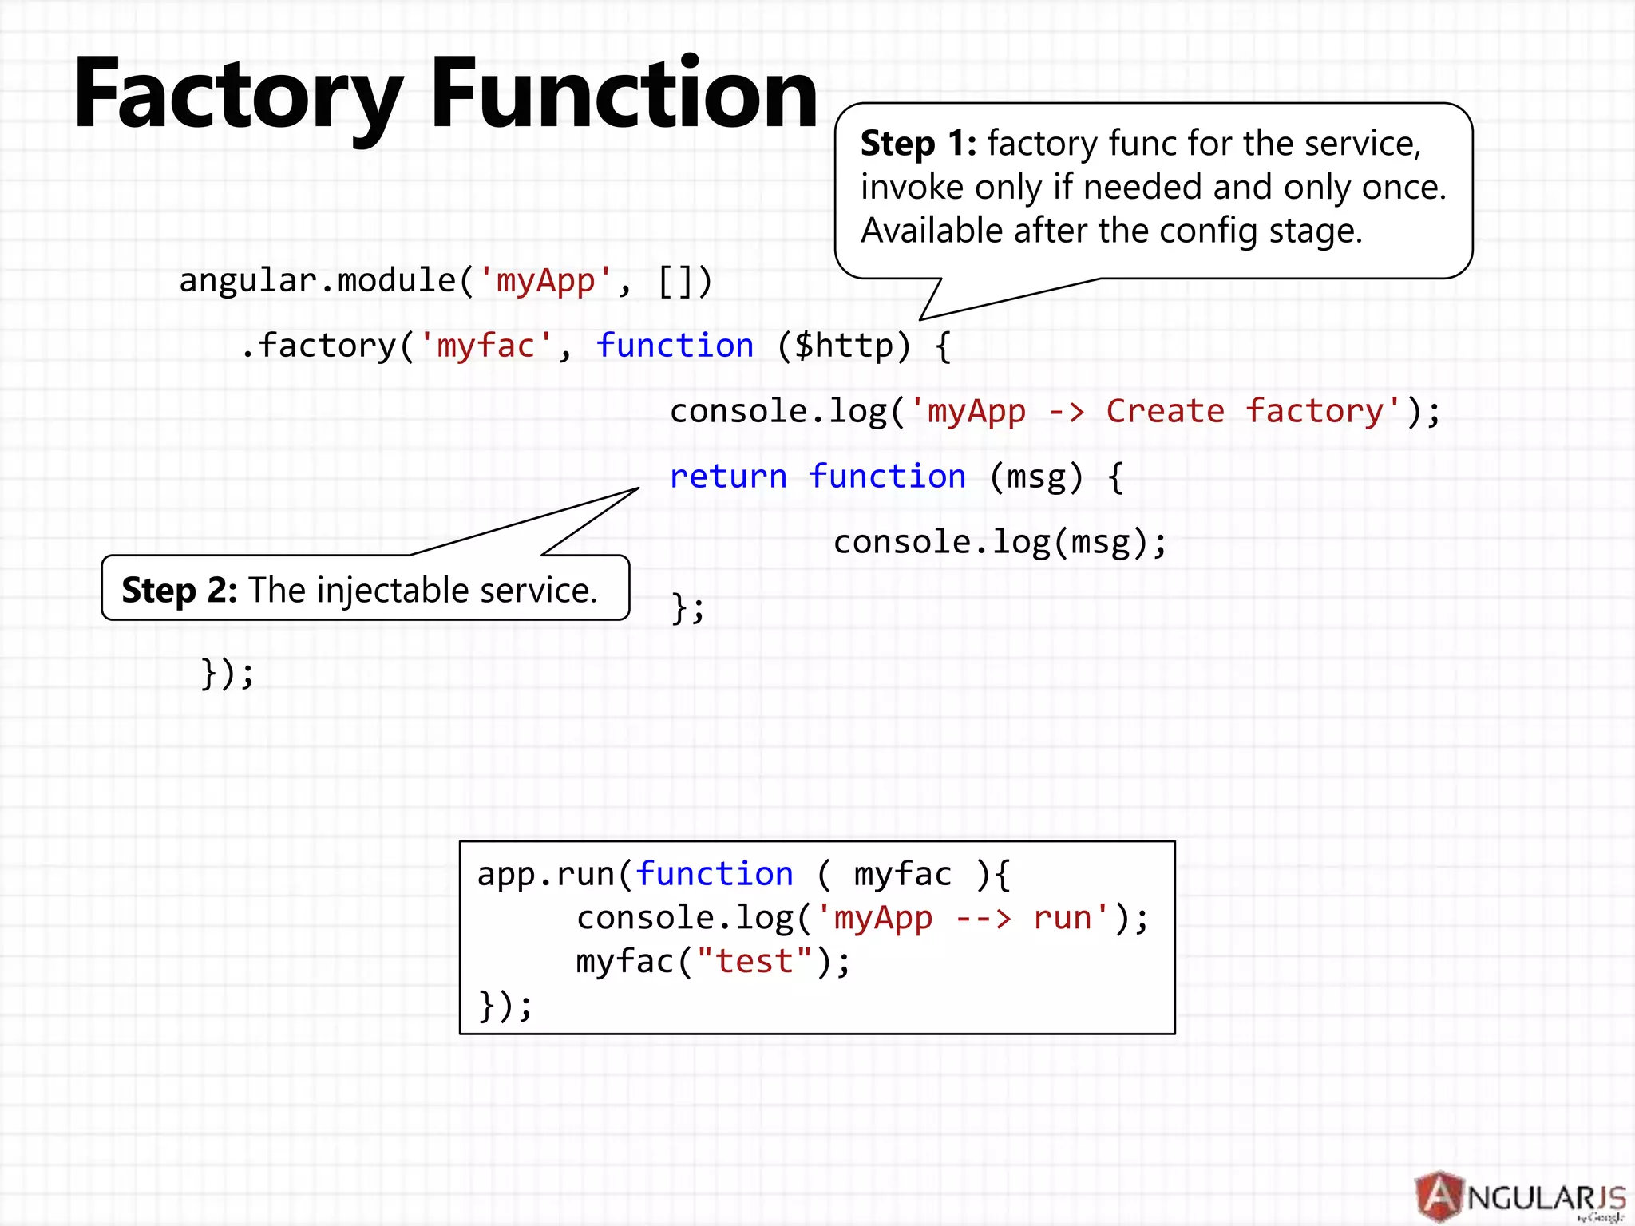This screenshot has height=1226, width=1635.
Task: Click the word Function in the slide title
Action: (x=624, y=94)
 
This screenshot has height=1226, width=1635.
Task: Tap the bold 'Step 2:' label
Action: (x=179, y=591)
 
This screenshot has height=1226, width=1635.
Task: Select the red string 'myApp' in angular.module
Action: (x=545, y=281)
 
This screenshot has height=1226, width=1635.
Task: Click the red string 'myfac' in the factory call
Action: (x=485, y=346)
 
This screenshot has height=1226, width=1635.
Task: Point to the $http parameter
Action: (x=843, y=346)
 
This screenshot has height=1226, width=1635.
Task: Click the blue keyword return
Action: (x=728, y=477)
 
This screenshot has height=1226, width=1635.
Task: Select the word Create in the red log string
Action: (x=1165, y=412)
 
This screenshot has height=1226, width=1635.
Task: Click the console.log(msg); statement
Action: (x=1000, y=543)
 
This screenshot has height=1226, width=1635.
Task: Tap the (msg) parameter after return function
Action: (x=1036, y=477)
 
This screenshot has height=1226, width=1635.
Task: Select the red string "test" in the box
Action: (x=754, y=962)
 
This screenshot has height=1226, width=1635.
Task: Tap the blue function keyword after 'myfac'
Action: (x=675, y=346)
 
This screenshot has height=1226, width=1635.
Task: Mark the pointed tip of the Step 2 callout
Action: (x=638, y=488)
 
